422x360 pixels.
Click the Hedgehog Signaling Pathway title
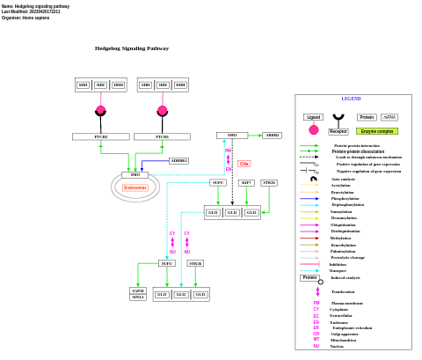pos(132,48)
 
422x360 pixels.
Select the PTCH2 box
pos(100,136)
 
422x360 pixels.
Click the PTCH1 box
pos(162,136)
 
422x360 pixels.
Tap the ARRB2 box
pos(272,135)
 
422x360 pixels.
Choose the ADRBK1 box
pos(179,160)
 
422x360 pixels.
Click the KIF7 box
pos(246,182)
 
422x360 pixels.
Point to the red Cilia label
pos(244,163)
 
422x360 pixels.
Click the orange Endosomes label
pos(135,187)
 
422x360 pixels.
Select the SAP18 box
pos(138,290)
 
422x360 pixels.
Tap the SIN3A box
pos(138,298)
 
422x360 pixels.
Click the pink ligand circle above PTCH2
pos(100,110)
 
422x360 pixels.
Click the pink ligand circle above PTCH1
pos(162,110)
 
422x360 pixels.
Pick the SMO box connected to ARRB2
pos(231,135)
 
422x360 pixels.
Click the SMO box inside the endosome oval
pos(135,174)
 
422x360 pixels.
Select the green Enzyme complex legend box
pos(377,131)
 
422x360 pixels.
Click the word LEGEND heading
pos(351,99)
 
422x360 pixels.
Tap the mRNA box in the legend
pos(389,117)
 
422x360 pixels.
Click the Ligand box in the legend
pos(313,117)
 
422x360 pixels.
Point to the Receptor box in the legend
pos(338,131)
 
